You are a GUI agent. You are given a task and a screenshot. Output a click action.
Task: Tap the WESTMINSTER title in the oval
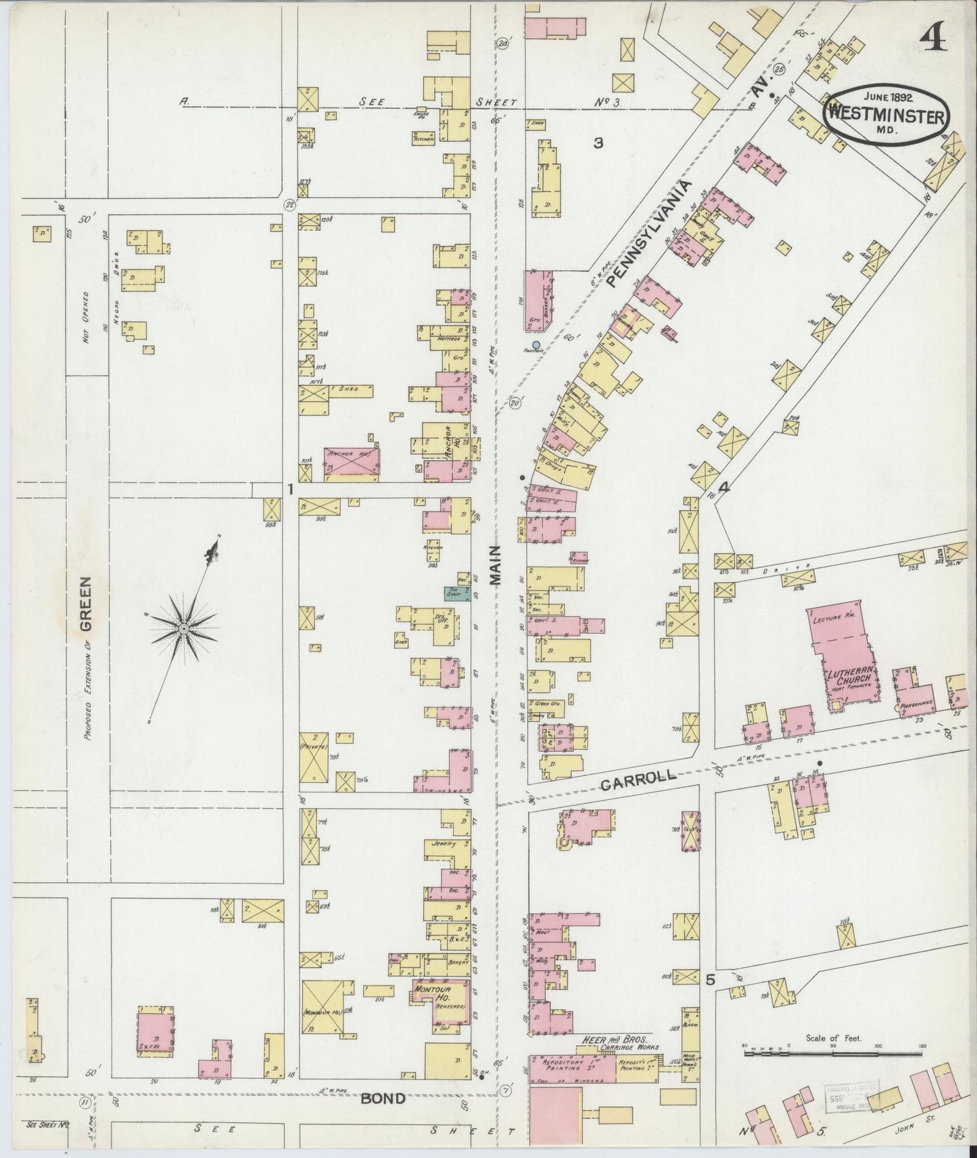click(x=886, y=116)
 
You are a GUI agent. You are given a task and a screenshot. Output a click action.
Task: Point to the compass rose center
click(x=183, y=629)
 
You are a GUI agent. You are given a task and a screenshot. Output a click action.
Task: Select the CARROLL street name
click(x=638, y=778)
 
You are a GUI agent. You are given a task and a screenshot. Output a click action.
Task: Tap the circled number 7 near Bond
click(x=507, y=1090)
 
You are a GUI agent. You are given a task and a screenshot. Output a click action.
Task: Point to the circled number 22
click(x=289, y=205)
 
